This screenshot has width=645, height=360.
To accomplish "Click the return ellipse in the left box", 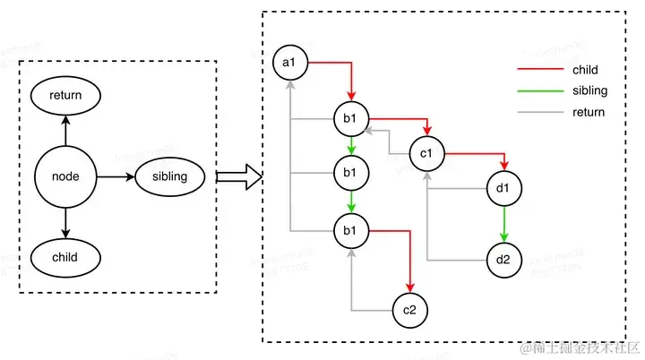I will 65,94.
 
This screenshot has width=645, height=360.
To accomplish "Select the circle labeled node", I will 65,176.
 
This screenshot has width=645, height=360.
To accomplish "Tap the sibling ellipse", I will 170,176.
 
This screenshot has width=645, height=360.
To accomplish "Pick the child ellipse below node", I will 65,258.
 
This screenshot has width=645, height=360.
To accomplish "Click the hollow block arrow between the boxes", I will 238,176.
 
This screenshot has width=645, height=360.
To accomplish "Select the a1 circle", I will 290,64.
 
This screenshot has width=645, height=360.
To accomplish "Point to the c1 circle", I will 426,153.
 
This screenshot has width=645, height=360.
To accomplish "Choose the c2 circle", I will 409,310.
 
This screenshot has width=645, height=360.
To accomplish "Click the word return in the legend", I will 588,112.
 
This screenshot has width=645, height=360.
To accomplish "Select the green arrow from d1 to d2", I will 503,224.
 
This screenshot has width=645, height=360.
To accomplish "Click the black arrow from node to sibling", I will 116,176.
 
